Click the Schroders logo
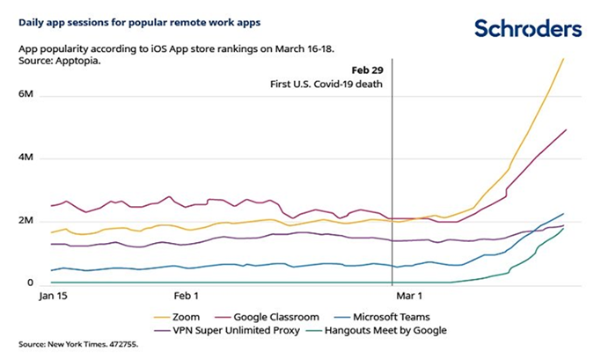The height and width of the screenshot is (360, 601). (528, 28)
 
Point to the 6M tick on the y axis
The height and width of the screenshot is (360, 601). (25, 93)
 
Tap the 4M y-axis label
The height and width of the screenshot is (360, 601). (25, 158)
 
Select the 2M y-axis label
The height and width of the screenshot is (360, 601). (25, 221)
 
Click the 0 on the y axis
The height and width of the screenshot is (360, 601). (29, 283)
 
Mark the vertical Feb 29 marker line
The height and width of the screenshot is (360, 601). (392, 176)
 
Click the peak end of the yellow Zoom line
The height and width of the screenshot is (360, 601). (564, 58)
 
